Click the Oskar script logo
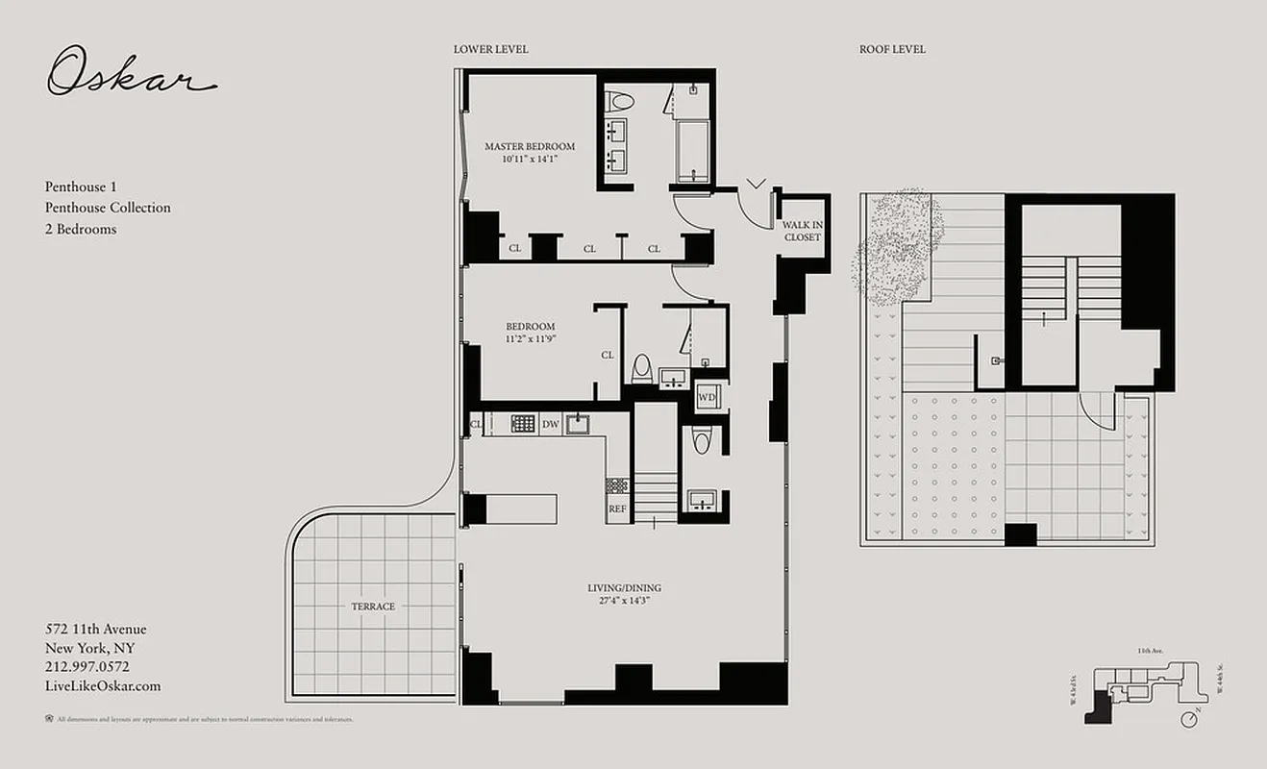tap(131, 73)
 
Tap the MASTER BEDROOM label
tap(530, 147)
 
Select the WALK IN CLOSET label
tap(802, 231)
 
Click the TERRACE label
tap(372, 607)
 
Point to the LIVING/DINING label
tap(624, 588)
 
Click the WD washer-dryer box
tap(708, 397)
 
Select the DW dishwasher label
tap(550, 424)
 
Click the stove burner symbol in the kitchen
tap(523, 424)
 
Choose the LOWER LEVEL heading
tap(490, 49)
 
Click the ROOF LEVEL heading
tap(892, 49)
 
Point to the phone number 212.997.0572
tap(87, 666)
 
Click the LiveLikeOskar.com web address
tap(103, 685)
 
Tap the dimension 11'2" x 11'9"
tap(530, 338)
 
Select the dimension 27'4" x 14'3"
tap(624, 601)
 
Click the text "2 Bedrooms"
tap(80, 229)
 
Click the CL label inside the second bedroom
tap(608, 355)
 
